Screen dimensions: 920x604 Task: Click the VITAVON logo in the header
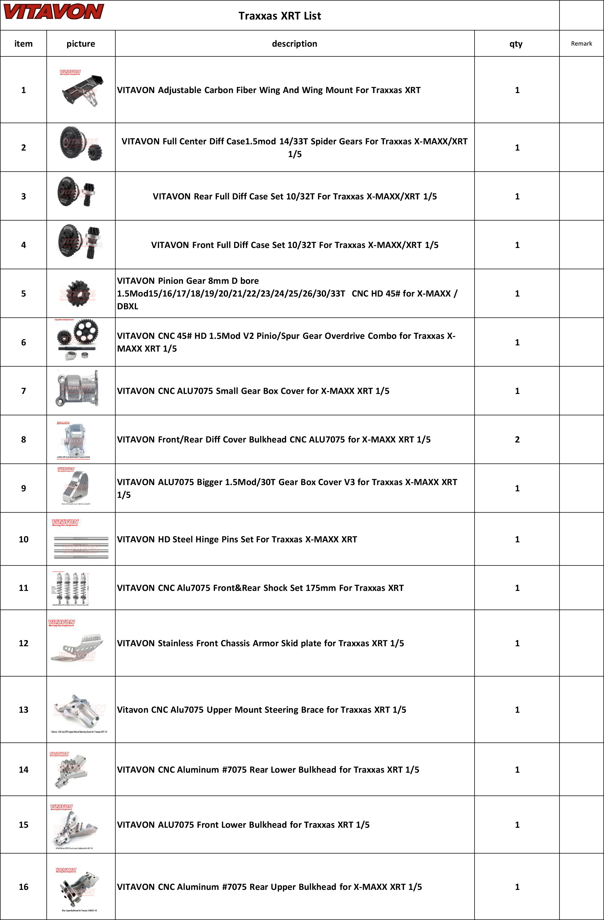(x=53, y=12)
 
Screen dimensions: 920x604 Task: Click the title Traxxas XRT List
(x=280, y=16)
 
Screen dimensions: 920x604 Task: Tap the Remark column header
(x=581, y=44)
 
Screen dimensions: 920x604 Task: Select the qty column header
(x=516, y=44)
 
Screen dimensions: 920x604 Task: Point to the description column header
(x=294, y=44)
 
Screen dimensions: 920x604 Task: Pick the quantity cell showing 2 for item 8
(x=517, y=440)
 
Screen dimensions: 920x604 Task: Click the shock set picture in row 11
(x=71, y=588)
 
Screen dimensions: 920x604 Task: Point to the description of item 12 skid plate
(x=260, y=643)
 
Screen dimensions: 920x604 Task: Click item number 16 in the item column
(x=24, y=887)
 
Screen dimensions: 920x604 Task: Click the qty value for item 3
(x=517, y=196)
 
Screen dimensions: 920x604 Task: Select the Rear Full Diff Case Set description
(x=294, y=196)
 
